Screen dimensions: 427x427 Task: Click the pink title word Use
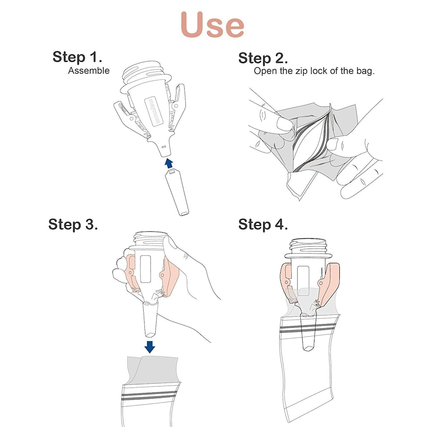[x=213, y=24]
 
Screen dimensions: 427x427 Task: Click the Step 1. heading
[x=77, y=57]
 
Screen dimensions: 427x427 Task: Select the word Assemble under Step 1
[x=89, y=70]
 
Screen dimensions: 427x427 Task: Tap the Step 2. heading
[x=263, y=58]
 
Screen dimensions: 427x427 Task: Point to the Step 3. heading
[x=73, y=224]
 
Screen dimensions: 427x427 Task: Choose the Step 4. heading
[x=263, y=224]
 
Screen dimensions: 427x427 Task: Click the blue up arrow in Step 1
[x=169, y=163]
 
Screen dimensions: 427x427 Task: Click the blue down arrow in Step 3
[x=150, y=346]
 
